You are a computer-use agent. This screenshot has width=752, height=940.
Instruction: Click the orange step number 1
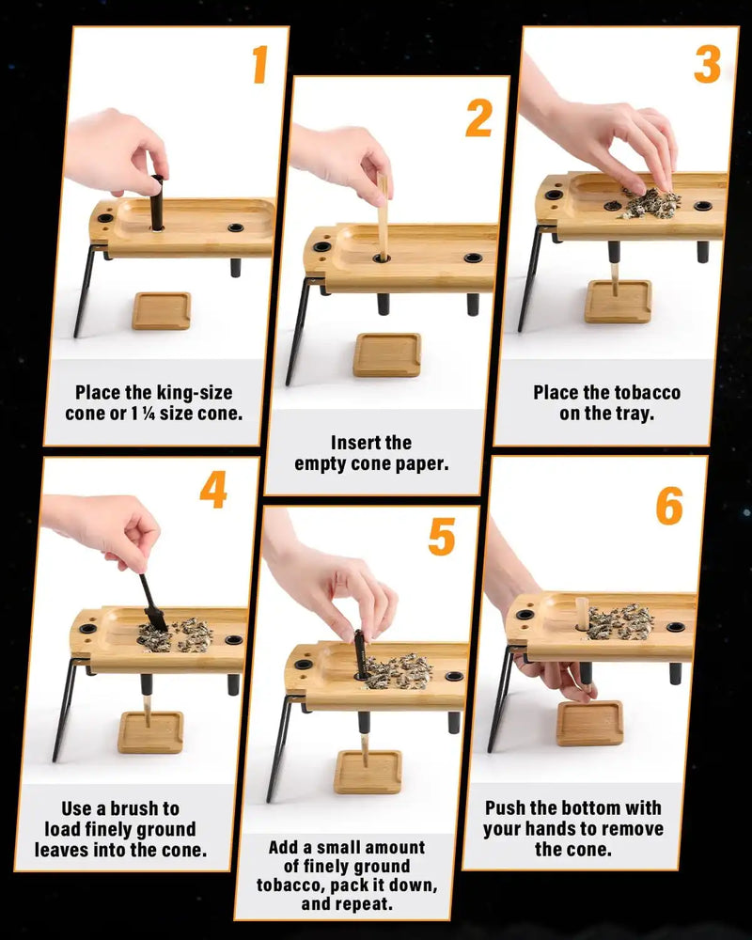tap(258, 64)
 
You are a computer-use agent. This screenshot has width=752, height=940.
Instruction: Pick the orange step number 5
tap(441, 536)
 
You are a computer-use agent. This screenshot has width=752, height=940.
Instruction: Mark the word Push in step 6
tap(512, 807)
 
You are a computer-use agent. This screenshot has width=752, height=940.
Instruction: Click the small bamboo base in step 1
tap(161, 310)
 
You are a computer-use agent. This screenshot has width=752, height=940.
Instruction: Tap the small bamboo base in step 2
tap(386, 354)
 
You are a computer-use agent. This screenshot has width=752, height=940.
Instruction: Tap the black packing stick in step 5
tap(359, 653)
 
